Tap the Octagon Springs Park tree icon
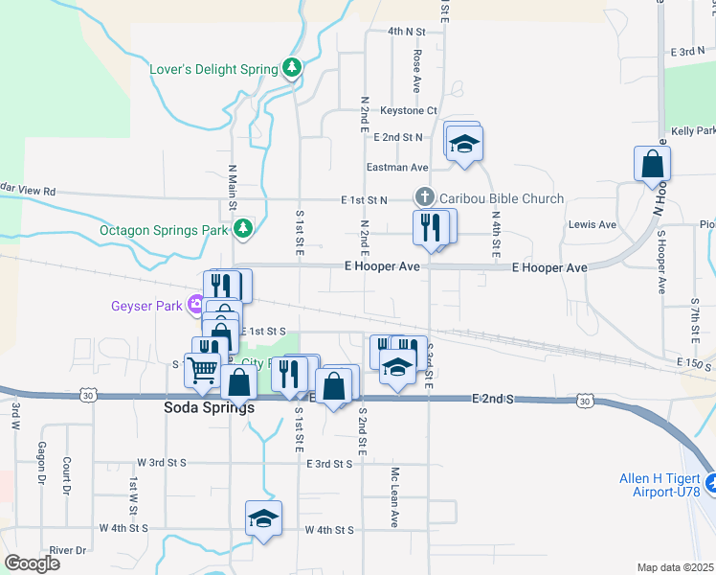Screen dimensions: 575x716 (x=244, y=229)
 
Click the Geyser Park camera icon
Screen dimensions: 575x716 (x=196, y=305)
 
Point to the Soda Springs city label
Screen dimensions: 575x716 (x=203, y=407)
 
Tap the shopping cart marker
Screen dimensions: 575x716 (x=202, y=369)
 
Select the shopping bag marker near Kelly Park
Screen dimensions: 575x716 (x=652, y=163)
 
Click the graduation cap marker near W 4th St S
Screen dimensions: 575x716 (x=263, y=518)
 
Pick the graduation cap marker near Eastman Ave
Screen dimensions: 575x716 (x=465, y=144)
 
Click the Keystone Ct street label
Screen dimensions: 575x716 (x=408, y=111)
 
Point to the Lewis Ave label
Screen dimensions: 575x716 (x=593, y=224)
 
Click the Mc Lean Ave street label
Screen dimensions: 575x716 (x=393, y=498)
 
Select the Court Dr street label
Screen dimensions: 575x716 (x=67, y=475)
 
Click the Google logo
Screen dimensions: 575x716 (x=32, y=563)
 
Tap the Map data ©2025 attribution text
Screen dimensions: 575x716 (x=675, y=567)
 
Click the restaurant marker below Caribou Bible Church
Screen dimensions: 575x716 (x=429, y=227)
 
